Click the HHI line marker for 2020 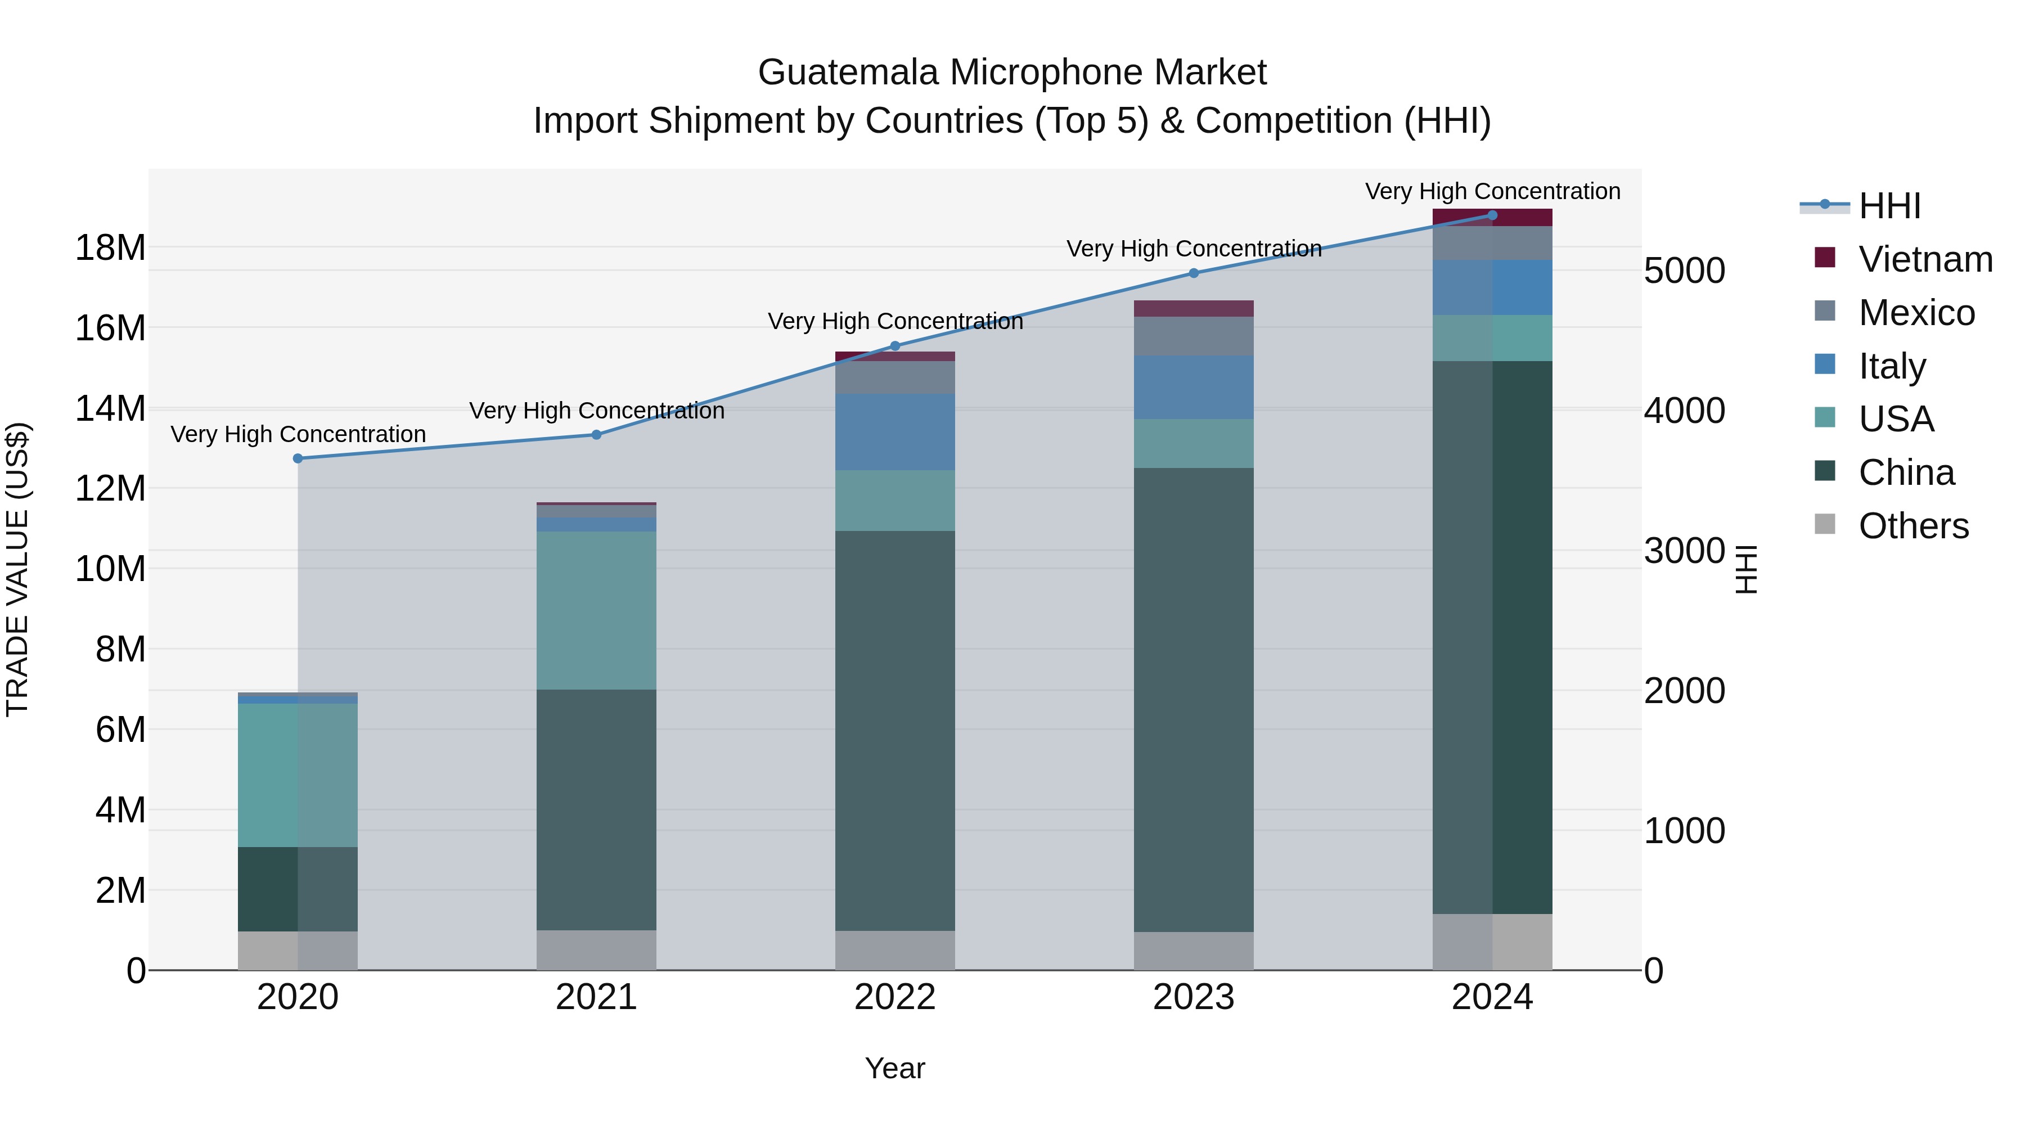click(298, 458)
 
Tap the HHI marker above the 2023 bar click(1193, 273)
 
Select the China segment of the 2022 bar click(894, 731)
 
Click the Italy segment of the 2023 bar click(1193, 387)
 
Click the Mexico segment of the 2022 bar click(894, 377)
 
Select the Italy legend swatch click(1825, 364)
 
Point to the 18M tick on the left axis click(110, 247)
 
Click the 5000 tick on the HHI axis click(1684, 271)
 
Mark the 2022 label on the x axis click(894, 997)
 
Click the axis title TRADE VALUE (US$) click(17, 569)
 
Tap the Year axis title click(894, 1068)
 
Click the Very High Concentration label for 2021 click(597, 411)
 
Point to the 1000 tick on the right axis click(1684, 830)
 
